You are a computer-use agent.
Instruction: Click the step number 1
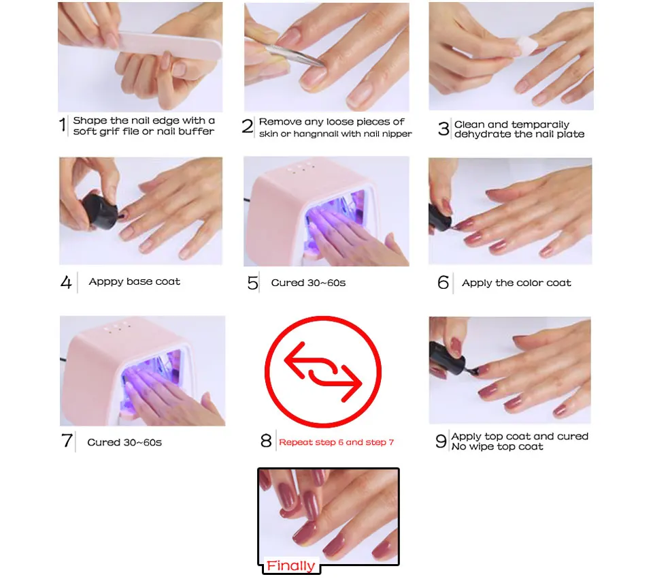click(x=63, y=125)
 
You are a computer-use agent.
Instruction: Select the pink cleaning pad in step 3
click(x=526, y=46)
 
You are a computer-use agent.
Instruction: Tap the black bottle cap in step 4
click(x=99, y=211)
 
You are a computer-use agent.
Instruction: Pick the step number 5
click(x=252, y=283)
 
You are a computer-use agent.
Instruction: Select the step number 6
click(x=443, y=283)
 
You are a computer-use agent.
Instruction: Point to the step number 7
click(x=67, y=441)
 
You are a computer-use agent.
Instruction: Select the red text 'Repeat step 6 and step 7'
click(x=337, y=442)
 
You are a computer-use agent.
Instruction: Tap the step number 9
click(x=441, y=441)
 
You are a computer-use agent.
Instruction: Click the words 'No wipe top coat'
click(x=497, y=447)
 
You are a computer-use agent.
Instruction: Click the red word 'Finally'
click(x=290, y=565)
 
